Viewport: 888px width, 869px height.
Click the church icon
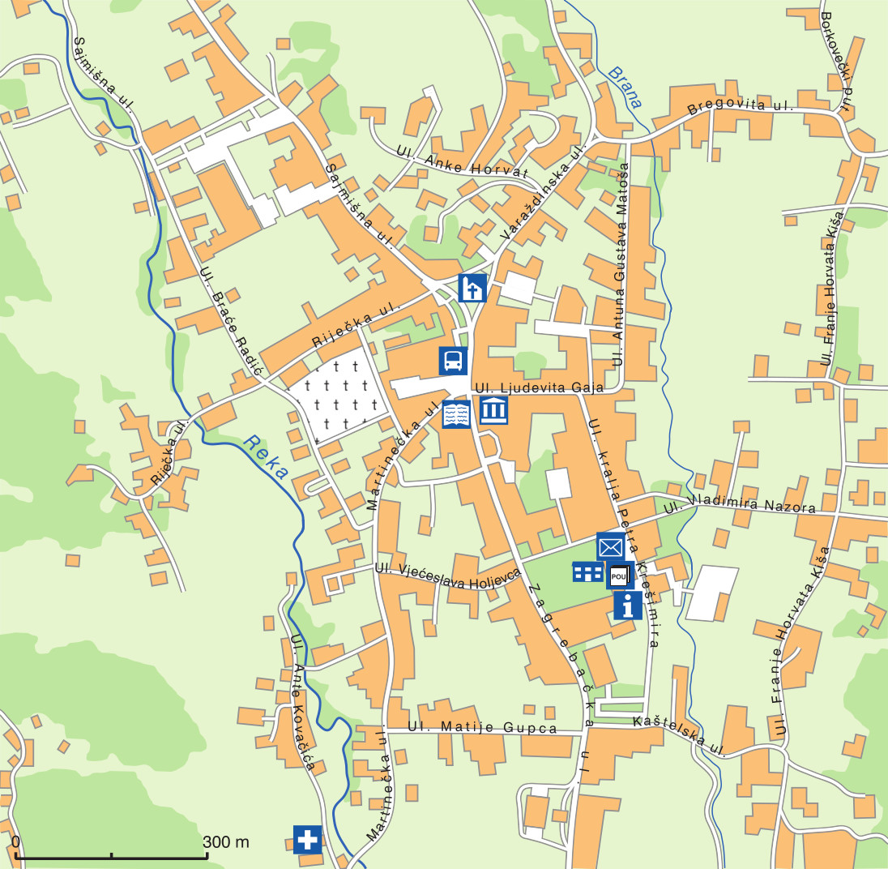coord(472,288)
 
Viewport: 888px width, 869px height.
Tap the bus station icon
coord(454,360)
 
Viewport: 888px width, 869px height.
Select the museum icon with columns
coord(493,411)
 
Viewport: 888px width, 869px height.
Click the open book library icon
coord(456,415)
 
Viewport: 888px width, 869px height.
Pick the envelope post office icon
coord(610,546)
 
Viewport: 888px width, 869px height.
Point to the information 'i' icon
coord(628,605)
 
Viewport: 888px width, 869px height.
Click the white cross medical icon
coord(308,839)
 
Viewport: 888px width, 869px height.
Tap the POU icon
coord(619,576)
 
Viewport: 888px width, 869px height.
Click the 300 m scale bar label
coord(226,842)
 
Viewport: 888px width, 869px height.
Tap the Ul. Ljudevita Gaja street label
coord(540,388)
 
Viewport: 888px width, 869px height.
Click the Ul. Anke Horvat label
coord(463,162)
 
